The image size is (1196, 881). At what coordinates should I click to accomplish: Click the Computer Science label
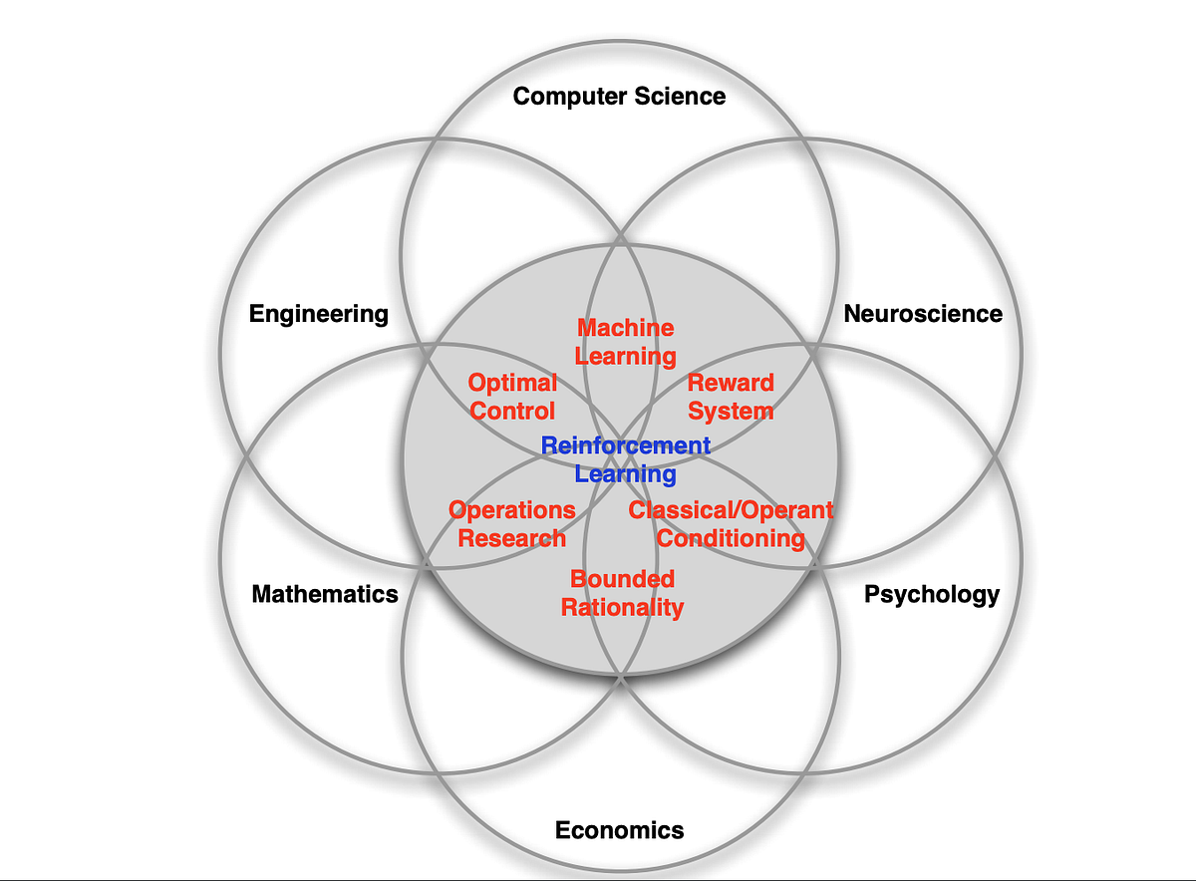(619, 97)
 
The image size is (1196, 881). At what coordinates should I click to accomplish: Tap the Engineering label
(319, 314)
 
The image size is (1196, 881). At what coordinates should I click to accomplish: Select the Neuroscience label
(923, 314)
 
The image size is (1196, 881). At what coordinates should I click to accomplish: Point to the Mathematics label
(325, 595)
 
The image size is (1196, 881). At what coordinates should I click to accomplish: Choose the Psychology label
(931, 595)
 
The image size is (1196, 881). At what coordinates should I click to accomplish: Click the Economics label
(619, 829)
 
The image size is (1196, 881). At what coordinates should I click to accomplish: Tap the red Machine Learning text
(626, 342)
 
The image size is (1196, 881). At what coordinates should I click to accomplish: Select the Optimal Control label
(512, 397)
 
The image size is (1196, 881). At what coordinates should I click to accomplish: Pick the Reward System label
(731, 397)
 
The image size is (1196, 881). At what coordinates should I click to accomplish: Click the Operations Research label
(512, 524)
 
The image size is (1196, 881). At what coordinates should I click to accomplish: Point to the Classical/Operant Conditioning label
(731, 524)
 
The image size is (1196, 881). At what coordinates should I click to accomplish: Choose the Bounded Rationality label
(622, 593)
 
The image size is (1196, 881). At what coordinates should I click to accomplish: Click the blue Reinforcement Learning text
(626, 459)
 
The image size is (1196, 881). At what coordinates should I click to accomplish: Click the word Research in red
(512, 539)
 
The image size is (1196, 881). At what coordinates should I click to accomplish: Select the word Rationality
(622, 607)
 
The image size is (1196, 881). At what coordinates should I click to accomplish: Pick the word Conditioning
(731, 539)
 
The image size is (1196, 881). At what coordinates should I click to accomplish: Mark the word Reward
(731, 383)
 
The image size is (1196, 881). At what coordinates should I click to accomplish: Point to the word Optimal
(512, 383)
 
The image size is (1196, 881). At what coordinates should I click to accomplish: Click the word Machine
(626, 328)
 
